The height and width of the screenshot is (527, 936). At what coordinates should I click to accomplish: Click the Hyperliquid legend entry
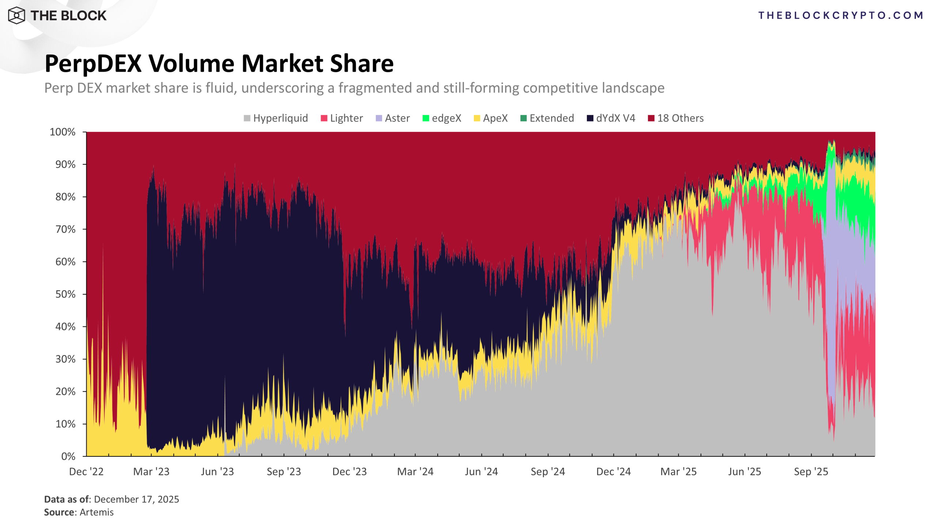point(276,118)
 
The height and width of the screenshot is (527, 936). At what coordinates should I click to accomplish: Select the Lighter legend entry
point(342,118)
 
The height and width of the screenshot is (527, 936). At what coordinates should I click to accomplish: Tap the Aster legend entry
point(393,118)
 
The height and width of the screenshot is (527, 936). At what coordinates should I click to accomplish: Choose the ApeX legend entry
point(491,118)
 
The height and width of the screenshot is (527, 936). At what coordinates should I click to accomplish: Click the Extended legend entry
point(547,118)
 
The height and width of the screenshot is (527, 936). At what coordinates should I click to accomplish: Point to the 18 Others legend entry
point(676,118)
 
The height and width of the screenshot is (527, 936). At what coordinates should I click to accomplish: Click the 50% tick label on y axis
point(65,294)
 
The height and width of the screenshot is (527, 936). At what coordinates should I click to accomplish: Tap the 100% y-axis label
point(63,132)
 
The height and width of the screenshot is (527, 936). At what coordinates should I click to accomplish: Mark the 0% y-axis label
point(68,456)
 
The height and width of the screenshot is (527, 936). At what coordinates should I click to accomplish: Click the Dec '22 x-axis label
point(86,472)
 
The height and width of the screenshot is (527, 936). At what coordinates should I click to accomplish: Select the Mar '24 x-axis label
point(415,472)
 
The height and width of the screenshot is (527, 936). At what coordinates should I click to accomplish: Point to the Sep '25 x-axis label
point(811,472)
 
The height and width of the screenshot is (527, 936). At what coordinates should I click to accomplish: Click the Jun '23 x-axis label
point(218,472)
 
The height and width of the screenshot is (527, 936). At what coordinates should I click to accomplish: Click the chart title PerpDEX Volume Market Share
point(219,64)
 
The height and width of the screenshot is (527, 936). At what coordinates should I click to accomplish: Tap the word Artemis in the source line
point(97,512)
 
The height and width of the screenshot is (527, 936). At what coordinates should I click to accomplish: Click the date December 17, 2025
point(136,500)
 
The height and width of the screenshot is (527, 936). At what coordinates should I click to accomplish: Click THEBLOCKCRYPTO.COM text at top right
point(841,15)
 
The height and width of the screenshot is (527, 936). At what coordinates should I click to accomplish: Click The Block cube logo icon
point(16,15)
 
